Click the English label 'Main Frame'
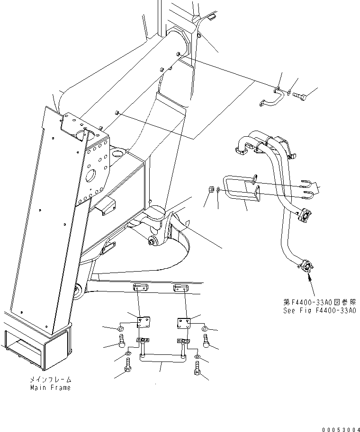coord(51,388)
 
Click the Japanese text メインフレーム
coord(51,379)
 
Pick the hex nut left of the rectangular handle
coord(211,190)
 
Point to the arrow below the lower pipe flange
coord(310,284)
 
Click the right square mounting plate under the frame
coord(184,323)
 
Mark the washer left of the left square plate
coord(121,328)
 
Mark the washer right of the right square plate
coord(204,328)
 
